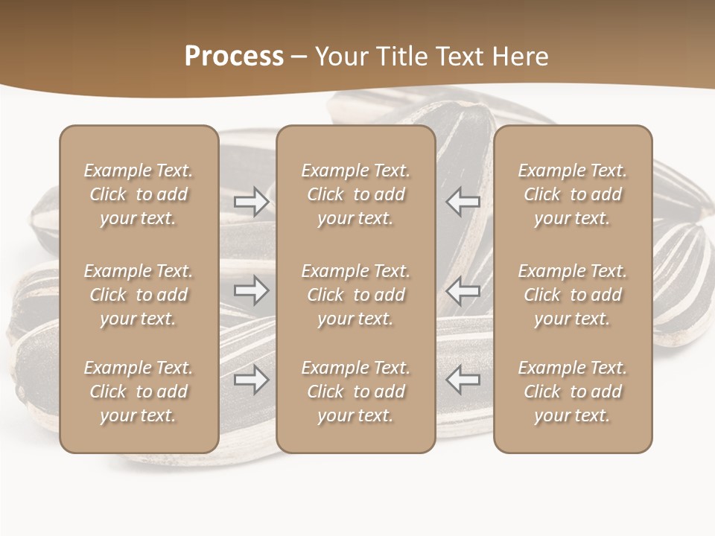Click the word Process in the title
234,57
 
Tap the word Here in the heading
519,57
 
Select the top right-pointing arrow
251,202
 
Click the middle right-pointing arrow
251,290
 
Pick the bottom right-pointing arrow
251,380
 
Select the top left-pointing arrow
463,202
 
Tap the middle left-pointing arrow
463,290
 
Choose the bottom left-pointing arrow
463,380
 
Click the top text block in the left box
139,194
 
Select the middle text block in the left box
139,295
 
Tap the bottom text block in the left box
139,392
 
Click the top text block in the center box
356,194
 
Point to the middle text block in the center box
356,295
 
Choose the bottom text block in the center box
356,392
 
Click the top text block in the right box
573,194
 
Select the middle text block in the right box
573,295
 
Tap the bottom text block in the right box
573,392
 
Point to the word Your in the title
340,57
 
